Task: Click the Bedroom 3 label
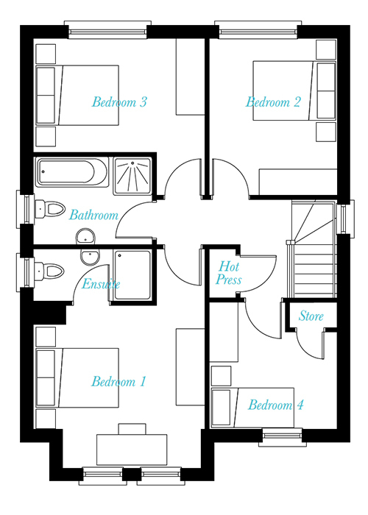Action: click(x=119, y=102)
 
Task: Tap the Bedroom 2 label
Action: click(x=273, y=102)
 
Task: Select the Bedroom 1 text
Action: click(x=118, y=382)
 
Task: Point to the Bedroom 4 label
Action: click(x=276, y=405)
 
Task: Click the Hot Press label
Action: click(x=229, y=273)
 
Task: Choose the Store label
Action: click(x=311, y=316)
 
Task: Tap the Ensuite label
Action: click(x=101, y=284)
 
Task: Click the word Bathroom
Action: click(x=93, y=215)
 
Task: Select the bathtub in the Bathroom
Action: click(x=72, y=172)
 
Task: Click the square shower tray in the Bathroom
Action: click(x=132, y=176)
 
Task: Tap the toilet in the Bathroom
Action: click(x=49, y=209)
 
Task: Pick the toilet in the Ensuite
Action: click(x=49, y=271)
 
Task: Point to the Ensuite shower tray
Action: click(x=132, y=275)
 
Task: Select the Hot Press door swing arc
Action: click(x=266, y=280)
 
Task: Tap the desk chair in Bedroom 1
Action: click(x=132, y=429)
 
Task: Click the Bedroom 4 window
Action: click(x=282, y=438)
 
